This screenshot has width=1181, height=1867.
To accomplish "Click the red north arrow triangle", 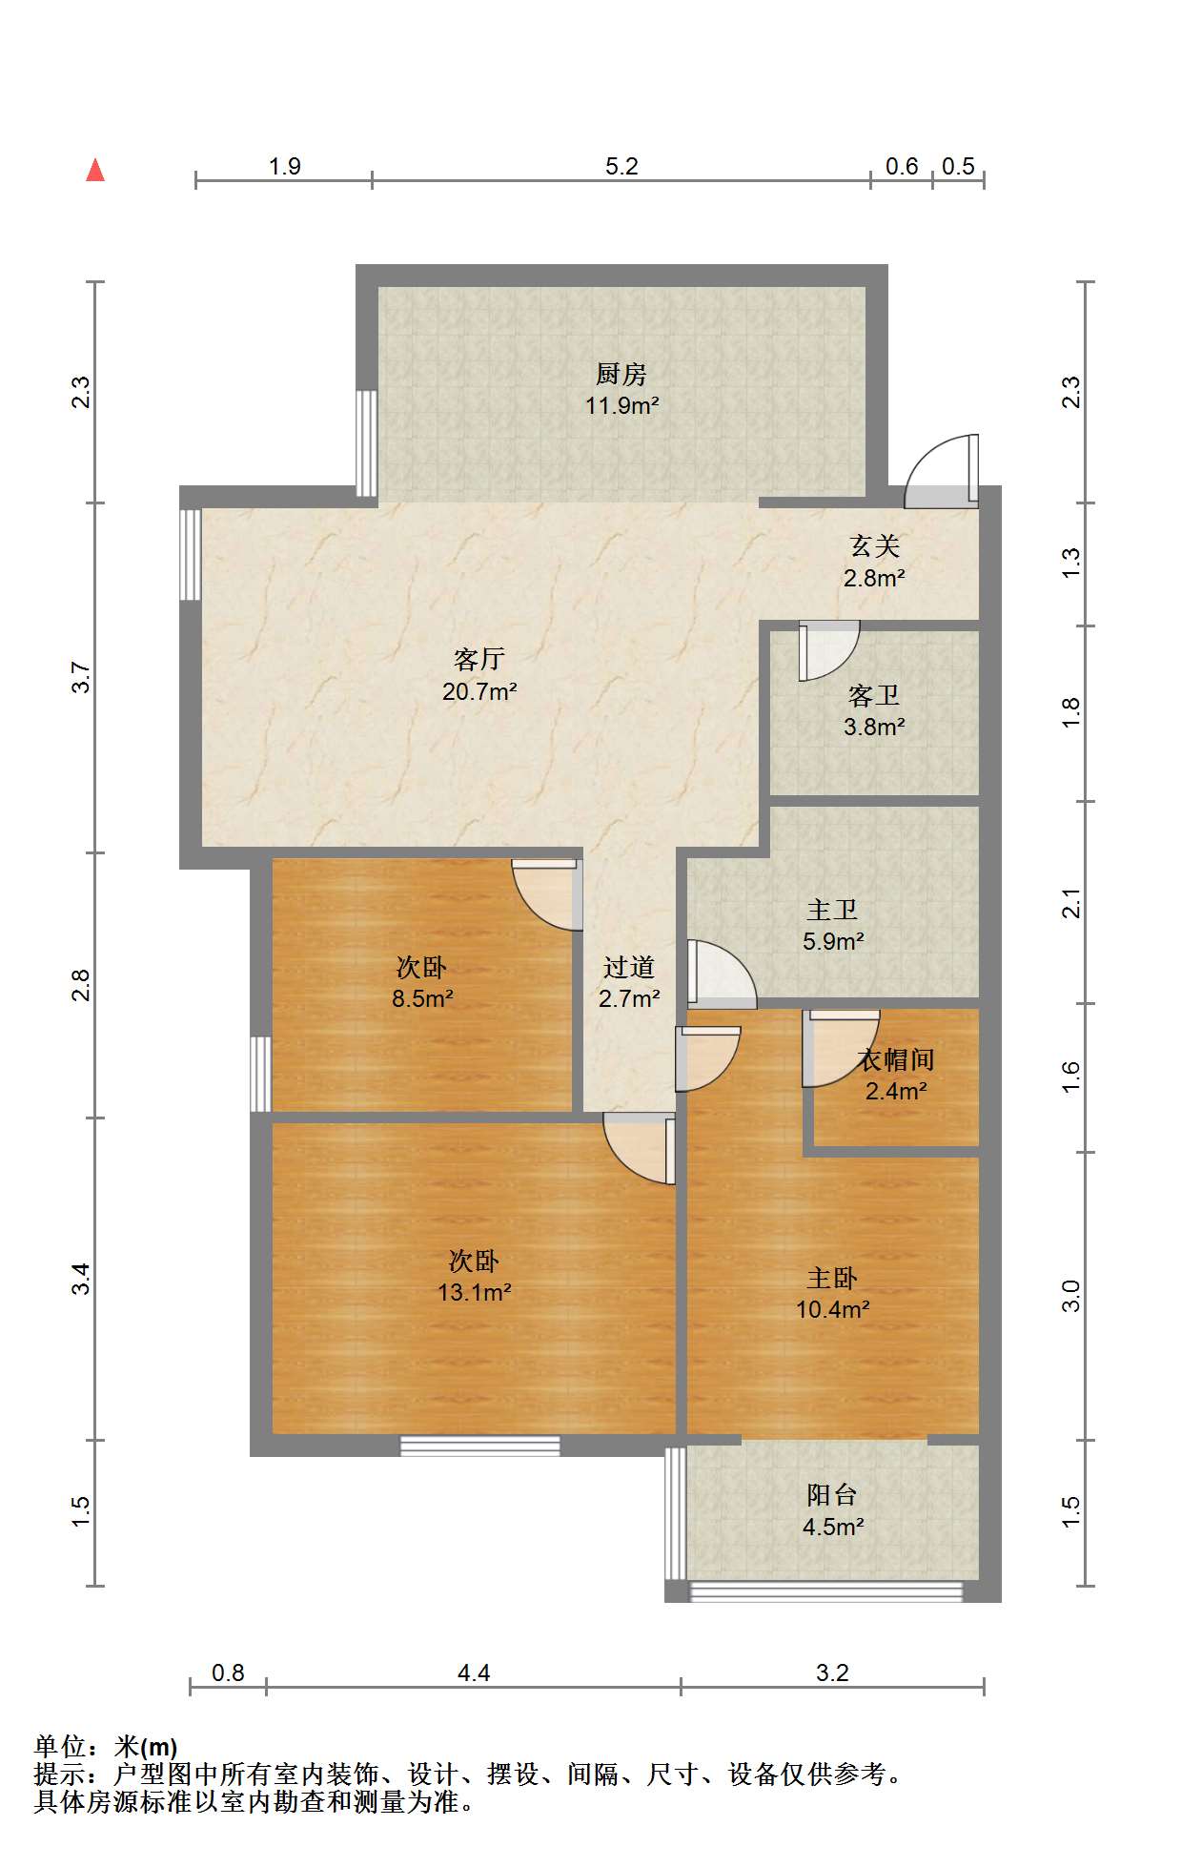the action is tap(95, 170).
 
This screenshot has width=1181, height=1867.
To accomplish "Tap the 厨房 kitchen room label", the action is tap(621, 374).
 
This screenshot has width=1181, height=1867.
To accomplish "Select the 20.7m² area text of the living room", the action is tap(479, 691).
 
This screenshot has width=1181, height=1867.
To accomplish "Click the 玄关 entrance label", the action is tap(874, 546).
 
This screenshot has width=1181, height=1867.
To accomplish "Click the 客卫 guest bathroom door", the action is tap(828, 650).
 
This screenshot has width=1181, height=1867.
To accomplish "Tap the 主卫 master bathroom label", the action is tap(832, 910).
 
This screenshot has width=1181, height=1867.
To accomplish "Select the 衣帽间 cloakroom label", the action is tap(895, 1059).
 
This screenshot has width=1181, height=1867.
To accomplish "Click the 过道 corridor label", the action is tap(629, 967).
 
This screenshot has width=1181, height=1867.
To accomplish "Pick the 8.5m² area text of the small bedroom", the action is tap(422, 999).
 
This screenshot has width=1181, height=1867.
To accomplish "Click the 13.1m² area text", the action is tap(475, 1293).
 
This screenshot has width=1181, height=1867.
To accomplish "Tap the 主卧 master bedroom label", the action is tap(832, 1278).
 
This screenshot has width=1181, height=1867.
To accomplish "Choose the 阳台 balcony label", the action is tap(832, 1495).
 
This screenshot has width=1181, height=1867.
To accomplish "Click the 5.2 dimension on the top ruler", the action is tap(621, 166).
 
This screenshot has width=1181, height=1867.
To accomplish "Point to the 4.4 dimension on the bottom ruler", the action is tap(474, 1672).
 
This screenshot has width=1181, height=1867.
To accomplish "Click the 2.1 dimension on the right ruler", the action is tap(1071, 902).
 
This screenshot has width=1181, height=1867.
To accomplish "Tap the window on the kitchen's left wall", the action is tap(366, 442).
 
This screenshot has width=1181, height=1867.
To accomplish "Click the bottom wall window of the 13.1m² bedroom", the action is tap(479, 1446).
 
